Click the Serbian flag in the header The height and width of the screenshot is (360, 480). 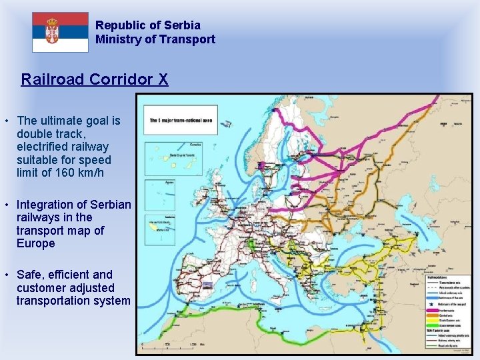tap(60, 32)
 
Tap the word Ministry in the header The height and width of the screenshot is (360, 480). tap(116, 39)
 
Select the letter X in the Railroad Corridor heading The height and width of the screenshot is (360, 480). tap(163, 80)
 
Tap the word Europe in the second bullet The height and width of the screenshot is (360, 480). tap(36, 244)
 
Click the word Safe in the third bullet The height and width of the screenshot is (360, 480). tap(31, 275)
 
